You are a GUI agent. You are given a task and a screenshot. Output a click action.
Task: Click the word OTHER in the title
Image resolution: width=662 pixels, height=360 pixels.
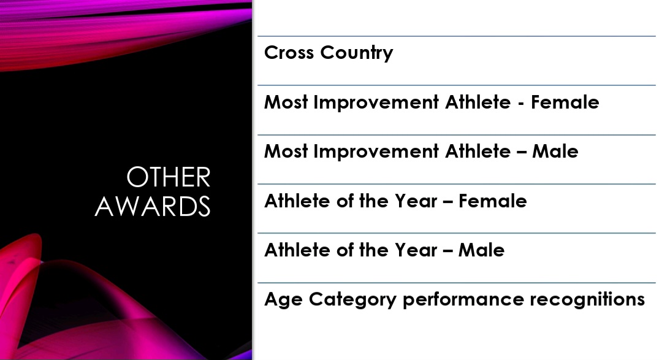pos(169,177)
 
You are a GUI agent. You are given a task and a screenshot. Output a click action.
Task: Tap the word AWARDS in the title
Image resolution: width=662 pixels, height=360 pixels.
pos(153,206)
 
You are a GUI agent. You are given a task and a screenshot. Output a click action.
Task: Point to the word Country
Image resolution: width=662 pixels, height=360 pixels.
pos(357,53)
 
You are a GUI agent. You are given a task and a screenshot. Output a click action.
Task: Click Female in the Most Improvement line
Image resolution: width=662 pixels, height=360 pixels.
pos(565,102)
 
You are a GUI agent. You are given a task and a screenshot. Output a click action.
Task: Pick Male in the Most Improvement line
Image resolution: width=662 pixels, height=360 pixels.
pos(555,151)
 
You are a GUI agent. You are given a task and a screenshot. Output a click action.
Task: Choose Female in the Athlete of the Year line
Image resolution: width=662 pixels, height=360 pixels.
pos(493,201)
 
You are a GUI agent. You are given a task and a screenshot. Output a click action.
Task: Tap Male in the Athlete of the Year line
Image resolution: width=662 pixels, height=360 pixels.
pos(481,250)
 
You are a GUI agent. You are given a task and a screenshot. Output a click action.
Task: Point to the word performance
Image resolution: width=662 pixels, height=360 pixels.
pos(463,300)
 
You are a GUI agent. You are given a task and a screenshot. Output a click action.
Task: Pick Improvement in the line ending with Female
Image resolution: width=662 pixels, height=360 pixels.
pos(376,102)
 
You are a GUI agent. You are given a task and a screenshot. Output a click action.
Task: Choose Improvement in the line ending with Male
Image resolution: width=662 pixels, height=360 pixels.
pos(376,151)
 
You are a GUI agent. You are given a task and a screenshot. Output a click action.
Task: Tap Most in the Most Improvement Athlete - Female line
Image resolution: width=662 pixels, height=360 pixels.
pos(286,102)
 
